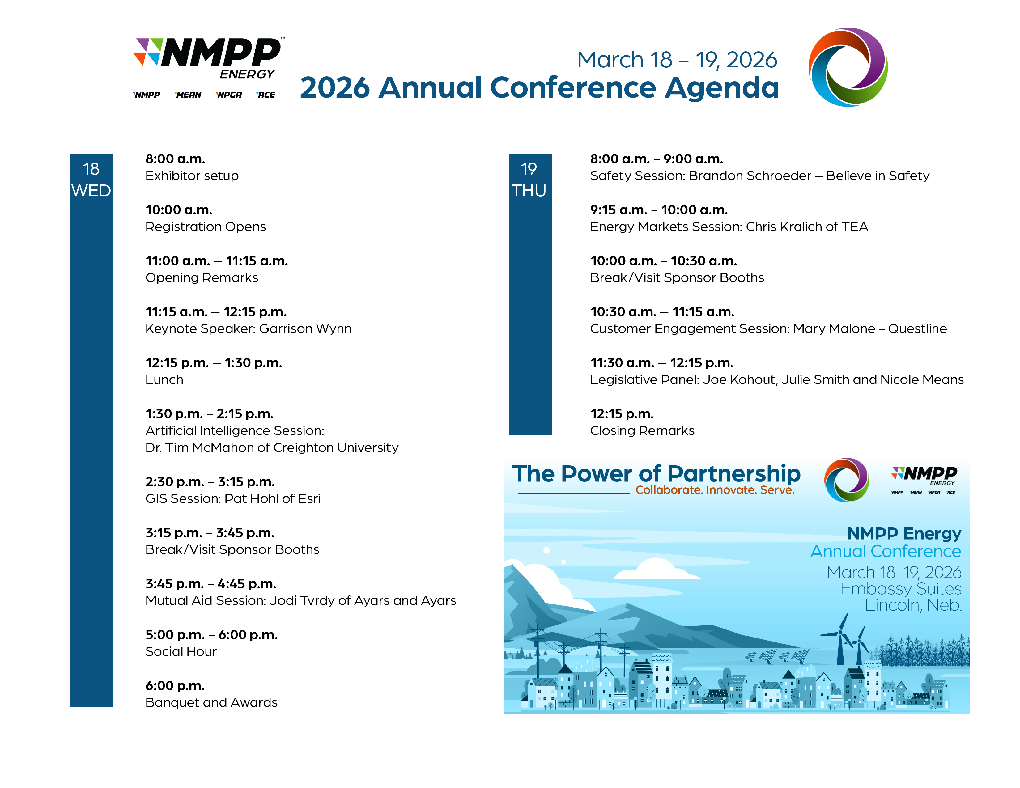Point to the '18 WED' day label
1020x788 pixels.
click(x=91, y=180)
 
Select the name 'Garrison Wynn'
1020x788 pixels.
click(x=305, y=329)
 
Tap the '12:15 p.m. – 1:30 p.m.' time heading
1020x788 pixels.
click(x=214, y=363)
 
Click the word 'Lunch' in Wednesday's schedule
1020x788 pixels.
click(x=164, y=379)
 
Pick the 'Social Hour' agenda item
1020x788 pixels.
click(x=181, y=652)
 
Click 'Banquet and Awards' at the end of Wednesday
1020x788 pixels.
click(x=211, y=703)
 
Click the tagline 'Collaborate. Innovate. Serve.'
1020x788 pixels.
click(x=715, y=490)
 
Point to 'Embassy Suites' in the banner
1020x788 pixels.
click(x=900, y=589)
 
